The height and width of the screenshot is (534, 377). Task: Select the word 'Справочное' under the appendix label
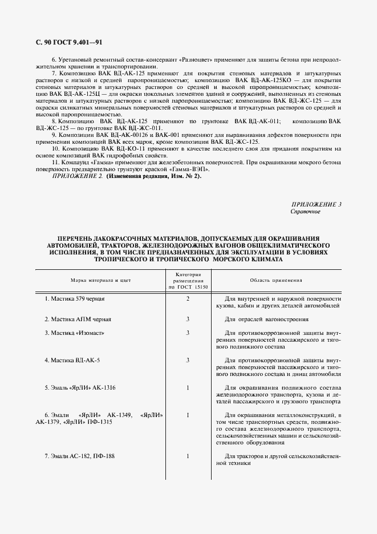(x=306, y=211)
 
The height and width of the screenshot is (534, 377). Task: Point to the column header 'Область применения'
(x=276, y=281)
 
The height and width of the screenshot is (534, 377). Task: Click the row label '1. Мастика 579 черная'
(x=75, y=299)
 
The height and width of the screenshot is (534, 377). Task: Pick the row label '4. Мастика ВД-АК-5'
(x=72, y=361)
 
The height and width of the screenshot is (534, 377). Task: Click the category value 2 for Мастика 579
(x=188, y=299)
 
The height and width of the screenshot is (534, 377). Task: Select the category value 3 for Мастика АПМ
(x=188, y=319)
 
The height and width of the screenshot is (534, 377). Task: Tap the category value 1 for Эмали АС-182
(x=188, y=456)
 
